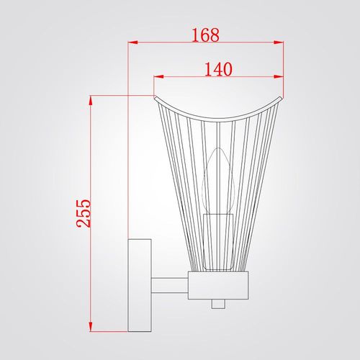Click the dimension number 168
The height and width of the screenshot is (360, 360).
point(206,35)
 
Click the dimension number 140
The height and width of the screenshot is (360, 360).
point(218,69)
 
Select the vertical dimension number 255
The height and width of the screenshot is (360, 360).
point(84,213)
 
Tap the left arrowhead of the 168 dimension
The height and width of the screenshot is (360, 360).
point(132,42)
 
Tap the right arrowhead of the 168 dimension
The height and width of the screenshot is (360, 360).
point(279,42)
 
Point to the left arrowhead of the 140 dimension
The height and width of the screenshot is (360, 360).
point(158,77)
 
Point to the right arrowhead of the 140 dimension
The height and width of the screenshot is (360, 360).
point(279,77)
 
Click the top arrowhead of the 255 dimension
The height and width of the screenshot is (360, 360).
point(91,100)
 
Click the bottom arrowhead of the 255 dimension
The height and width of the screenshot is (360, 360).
point(91,327)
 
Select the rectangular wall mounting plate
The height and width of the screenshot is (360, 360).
point(140,285)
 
